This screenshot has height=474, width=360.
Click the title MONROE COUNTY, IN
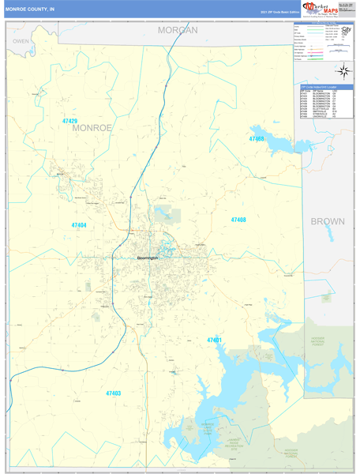[x=31, y=9]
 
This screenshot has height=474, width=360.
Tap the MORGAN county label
[x=177, y=29]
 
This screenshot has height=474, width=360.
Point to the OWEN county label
[x=21, y=40]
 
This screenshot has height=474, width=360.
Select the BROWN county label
[x=327, y=221]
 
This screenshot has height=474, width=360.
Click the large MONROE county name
[x=92, y=126]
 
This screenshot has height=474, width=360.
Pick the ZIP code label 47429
[x=70, y=121]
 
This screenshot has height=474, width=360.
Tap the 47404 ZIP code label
[x=79, y=225]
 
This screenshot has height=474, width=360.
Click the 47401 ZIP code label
[x=215, y=340]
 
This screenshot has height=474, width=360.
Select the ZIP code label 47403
[x=114, y=393]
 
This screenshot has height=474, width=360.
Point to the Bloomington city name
[x=147, y=258]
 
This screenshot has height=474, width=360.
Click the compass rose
[x=345, y=71]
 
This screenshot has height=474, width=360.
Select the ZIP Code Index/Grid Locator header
[x=328, y=86]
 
